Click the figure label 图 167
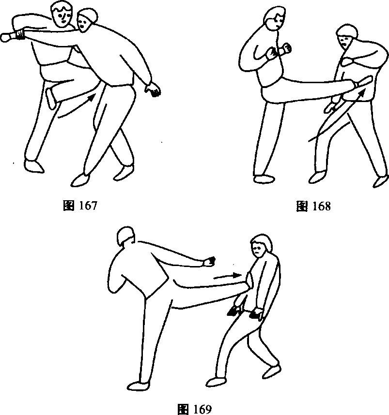click(x=80, y=206)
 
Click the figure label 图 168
click(x=313, y=206)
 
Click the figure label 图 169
click(x=195, y=409)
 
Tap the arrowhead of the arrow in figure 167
click(x=91, y=97)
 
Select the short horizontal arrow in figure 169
click(x=227, y=276)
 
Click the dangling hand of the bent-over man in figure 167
click(x=153, y=89)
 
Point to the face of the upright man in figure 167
click(x=62, y=17)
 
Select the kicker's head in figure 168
click(x=275, y=18)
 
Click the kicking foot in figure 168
click(x=363, y=82)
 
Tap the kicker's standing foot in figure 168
click(x=264, y=178)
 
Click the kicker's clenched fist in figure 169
click(x=209, y=262)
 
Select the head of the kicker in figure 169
click(x=125, y=237)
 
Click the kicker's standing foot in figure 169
click(x=138, y=385)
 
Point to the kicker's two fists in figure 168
click(x=278, y=51)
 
